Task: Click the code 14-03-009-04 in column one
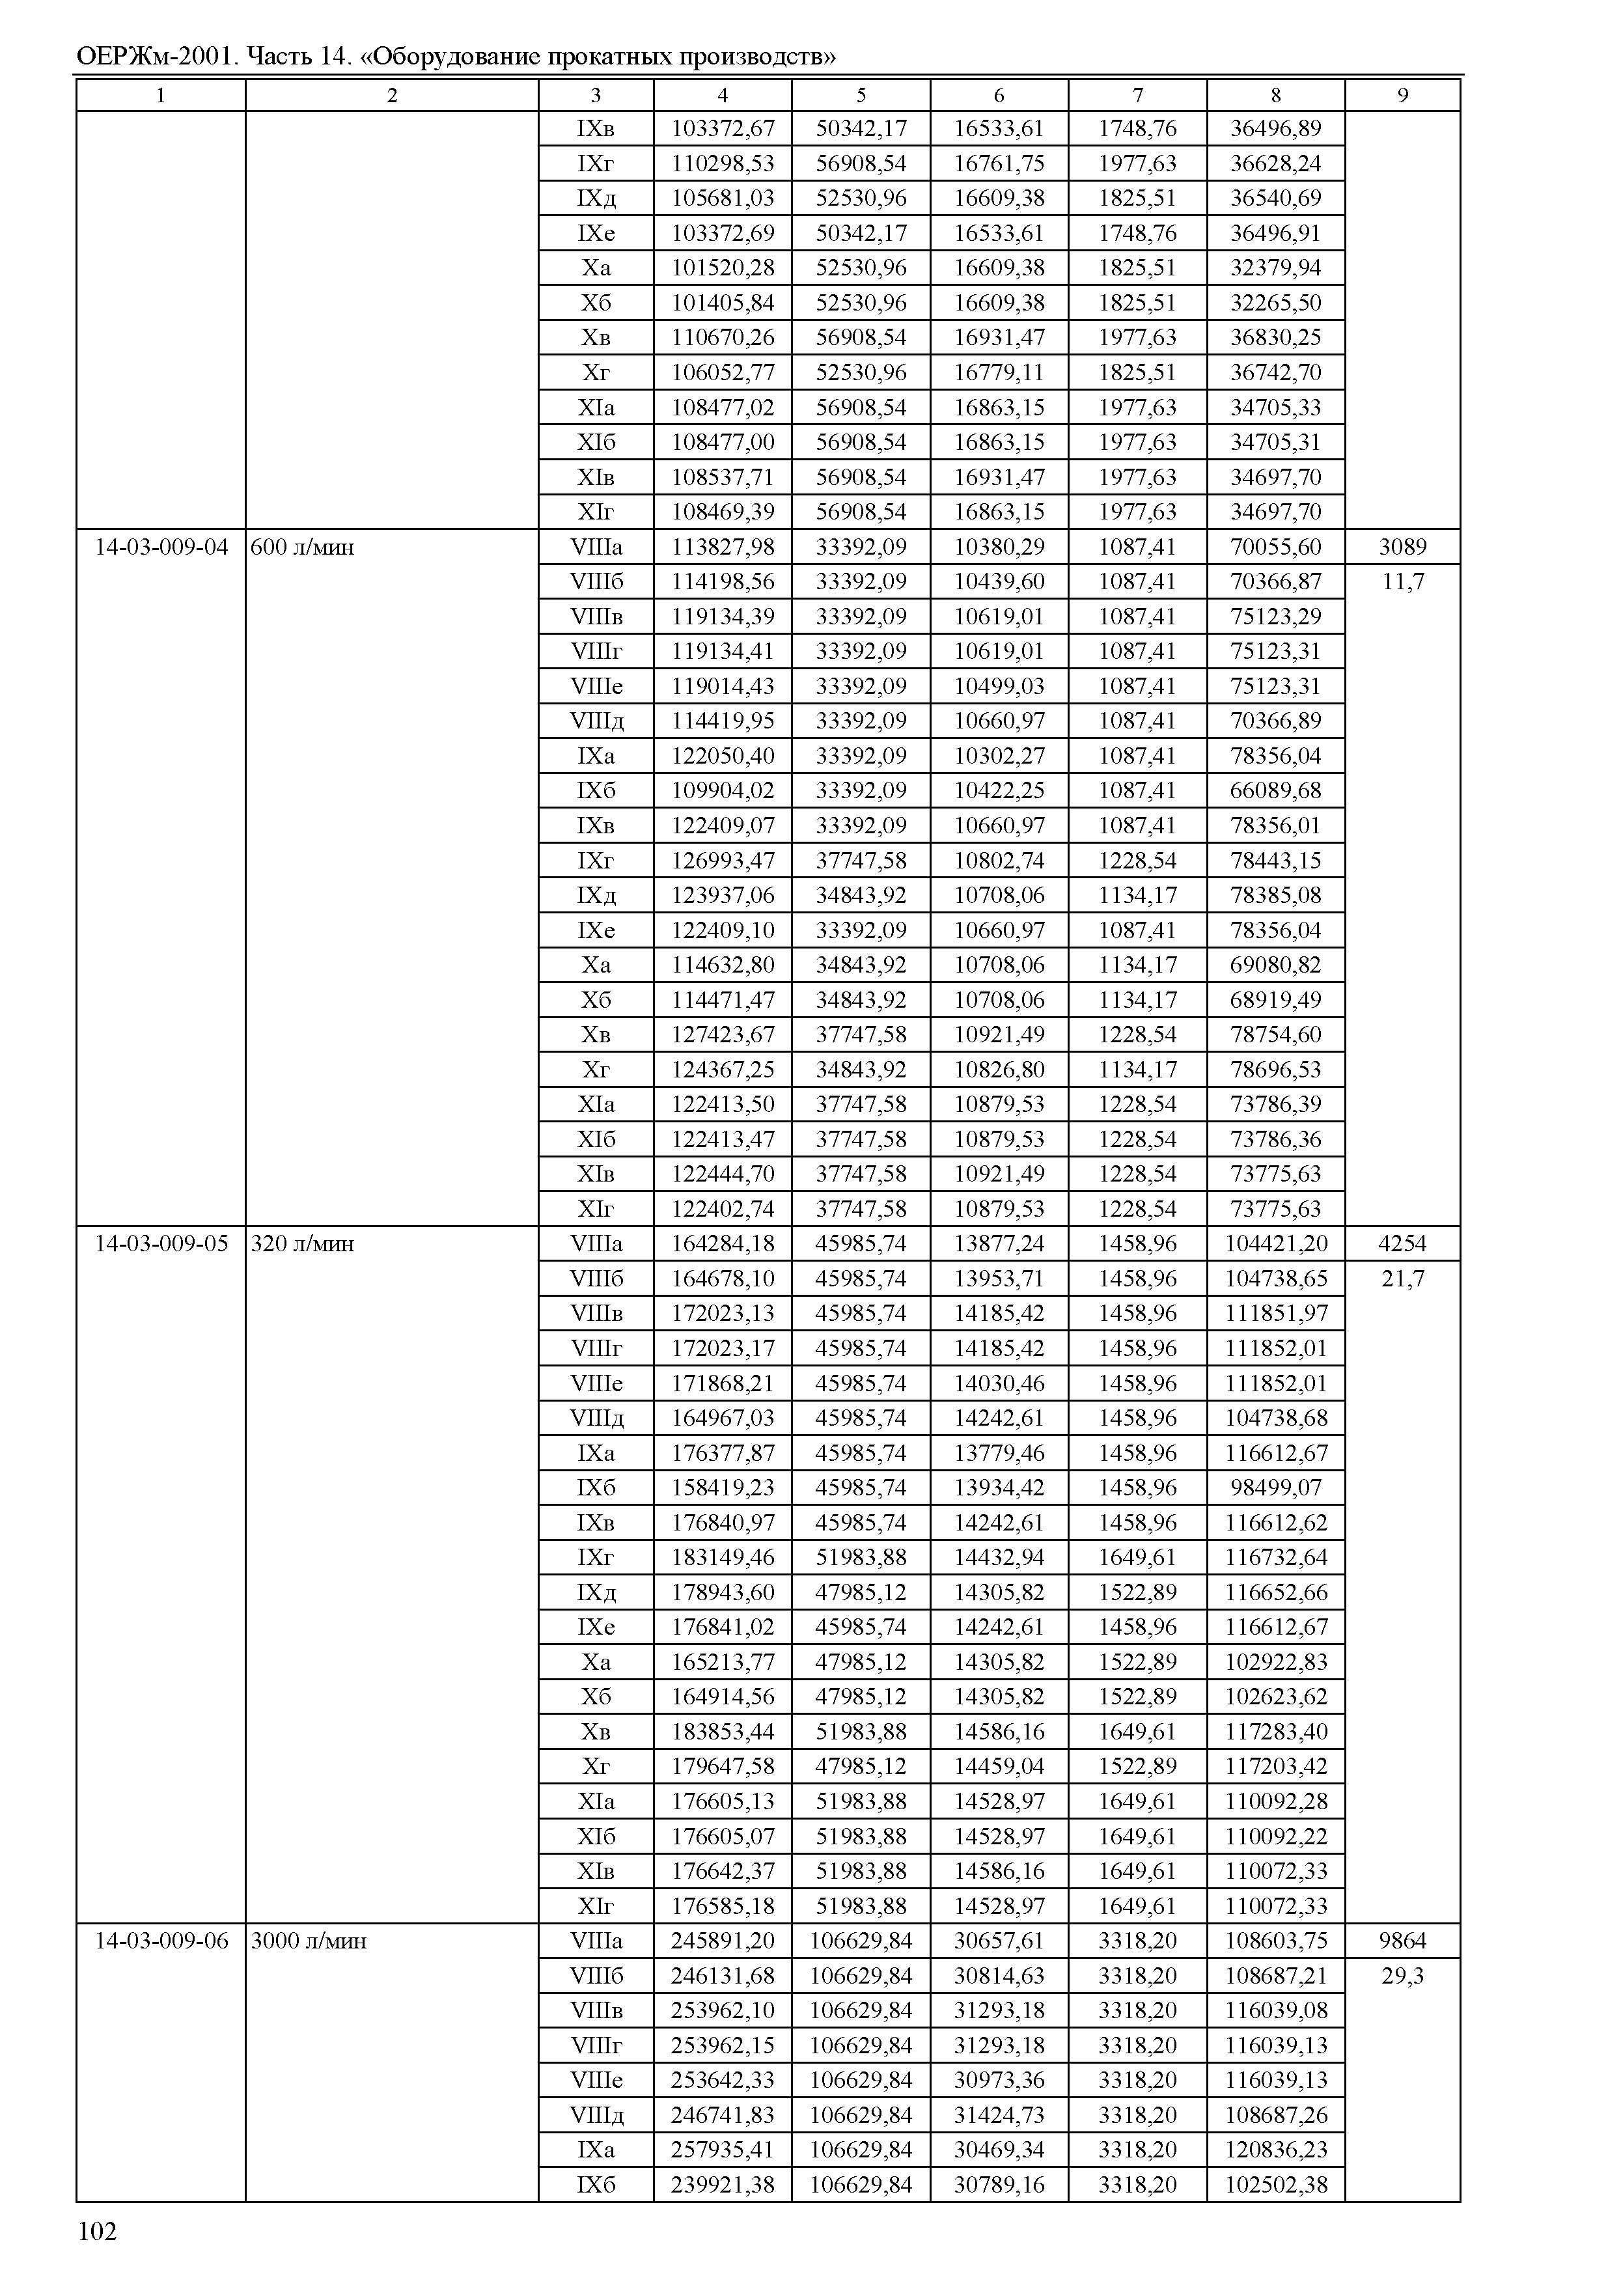pos(161,547)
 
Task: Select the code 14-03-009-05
pos(161,1244)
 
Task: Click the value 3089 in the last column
pos(1402,547)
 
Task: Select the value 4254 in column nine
pos(1402,1244)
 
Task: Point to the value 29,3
pos(1402,1976)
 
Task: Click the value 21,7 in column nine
pos(1402,1279)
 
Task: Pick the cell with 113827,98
pos(723,547)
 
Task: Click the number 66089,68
pos(1275,790)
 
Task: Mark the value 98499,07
pos(1275,1488)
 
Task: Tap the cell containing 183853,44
pos(723,1732)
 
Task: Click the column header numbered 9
pos(1402,96)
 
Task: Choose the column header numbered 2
pos(393,96)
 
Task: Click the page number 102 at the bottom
pos(97,2232)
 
